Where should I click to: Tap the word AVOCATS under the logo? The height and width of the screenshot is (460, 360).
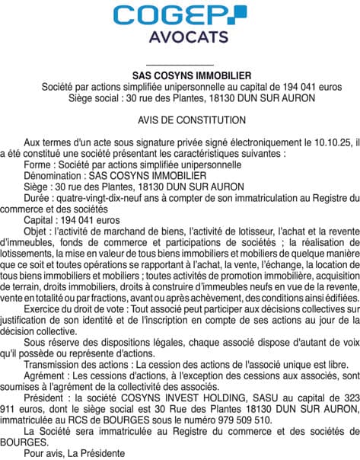pyautogui.click(x=180, y=37)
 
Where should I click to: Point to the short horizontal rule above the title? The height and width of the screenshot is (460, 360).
pyautogui.click(x=180, y=65)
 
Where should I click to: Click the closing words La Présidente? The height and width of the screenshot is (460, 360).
pyautogui.click(x=97, y=454)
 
